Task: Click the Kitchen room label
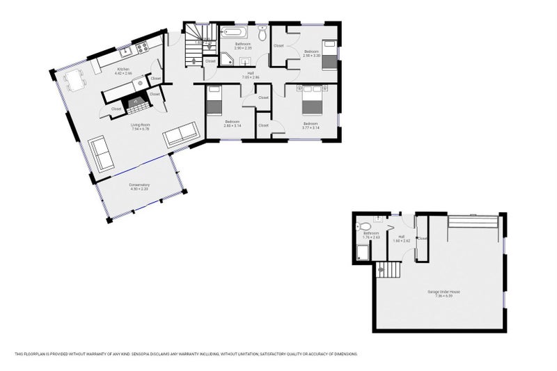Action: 124,71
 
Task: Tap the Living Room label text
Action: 141,127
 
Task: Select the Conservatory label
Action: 139,186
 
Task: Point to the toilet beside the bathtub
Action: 262,33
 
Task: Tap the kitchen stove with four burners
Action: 141,48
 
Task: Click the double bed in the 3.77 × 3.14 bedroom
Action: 310,102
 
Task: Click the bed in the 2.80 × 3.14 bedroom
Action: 214,101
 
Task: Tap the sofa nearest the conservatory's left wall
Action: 101,152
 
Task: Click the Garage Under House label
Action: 439,293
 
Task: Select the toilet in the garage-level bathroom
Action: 363,226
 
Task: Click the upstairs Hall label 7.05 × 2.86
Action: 250,74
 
